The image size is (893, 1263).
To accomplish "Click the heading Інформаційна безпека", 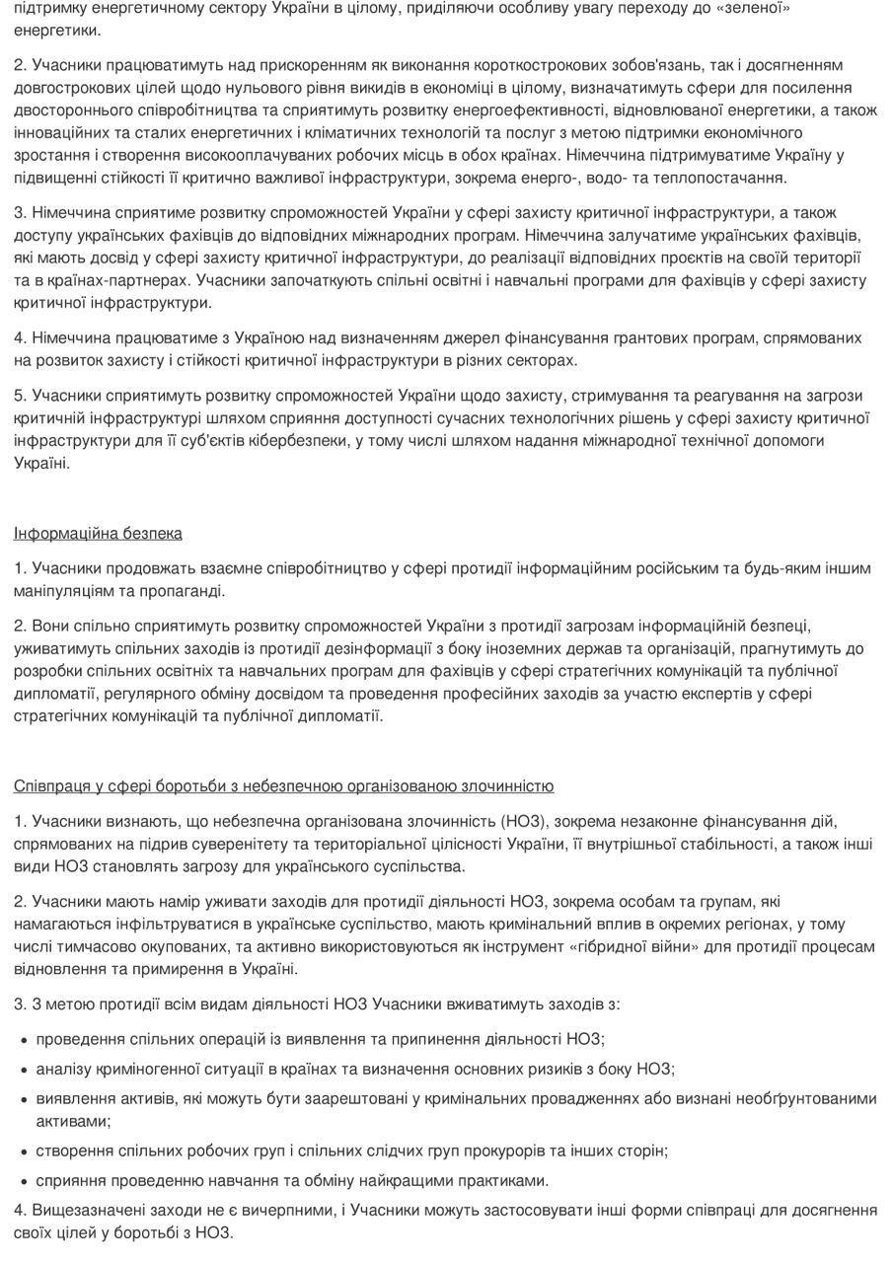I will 98,534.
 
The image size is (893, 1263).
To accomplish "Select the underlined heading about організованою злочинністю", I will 283,786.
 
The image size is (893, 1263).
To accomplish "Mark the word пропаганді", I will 185,591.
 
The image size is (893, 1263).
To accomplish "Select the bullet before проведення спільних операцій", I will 24,1040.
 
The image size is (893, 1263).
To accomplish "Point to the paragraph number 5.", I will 20,396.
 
